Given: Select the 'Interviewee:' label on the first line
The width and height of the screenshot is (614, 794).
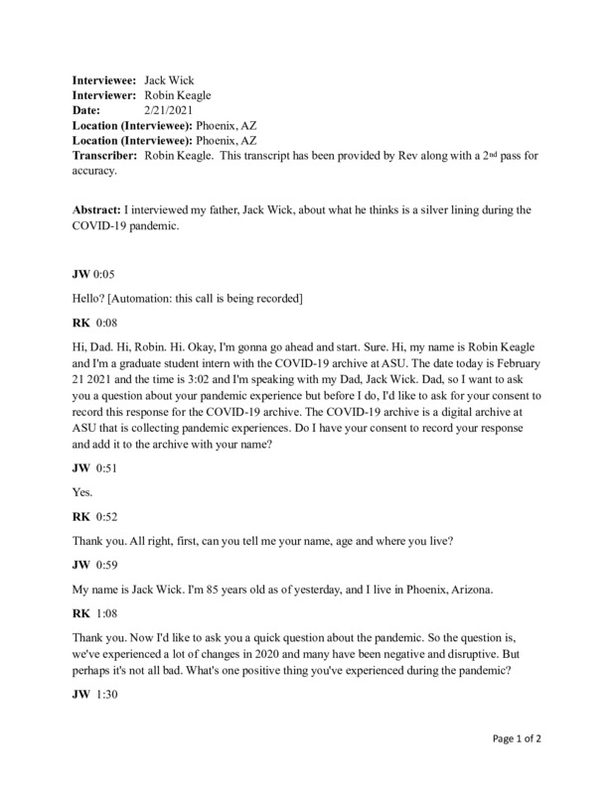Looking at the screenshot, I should coord(105,77).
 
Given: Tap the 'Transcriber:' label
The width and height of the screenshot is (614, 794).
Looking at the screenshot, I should coord(105,157).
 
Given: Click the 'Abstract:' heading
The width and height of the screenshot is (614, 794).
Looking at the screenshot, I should coord(101,209).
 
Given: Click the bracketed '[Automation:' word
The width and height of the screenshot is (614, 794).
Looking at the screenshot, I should coord(150,297).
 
